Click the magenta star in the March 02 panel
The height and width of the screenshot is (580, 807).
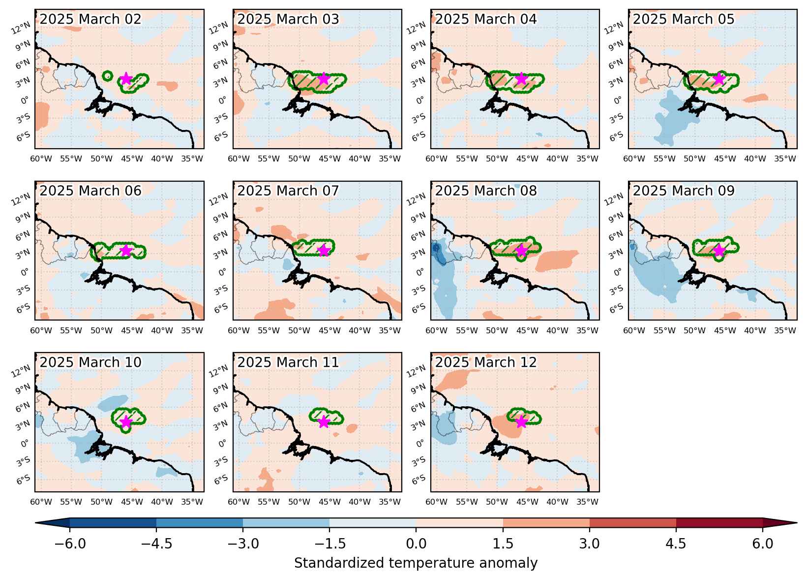(126, 78)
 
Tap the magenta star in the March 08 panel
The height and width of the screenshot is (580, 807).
(521, 250)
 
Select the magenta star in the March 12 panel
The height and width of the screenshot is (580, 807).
(521, 421)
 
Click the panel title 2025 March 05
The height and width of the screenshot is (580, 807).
(684, 19)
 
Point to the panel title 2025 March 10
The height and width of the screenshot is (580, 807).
(90, 362)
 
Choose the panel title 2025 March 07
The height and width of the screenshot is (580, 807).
(288, 191)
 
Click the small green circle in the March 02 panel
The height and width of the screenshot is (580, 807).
(107, 76)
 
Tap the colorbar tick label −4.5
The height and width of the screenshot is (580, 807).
(156, 543)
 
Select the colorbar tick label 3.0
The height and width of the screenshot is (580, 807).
(590, 543)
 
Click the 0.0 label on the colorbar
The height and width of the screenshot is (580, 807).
(416, 543)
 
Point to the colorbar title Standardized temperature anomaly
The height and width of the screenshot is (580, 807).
(416, 563)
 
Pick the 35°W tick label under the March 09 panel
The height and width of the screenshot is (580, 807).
(785, 330)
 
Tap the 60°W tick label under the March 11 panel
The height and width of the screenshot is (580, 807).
(239, 502)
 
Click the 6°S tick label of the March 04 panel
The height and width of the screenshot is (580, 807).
(418, 137)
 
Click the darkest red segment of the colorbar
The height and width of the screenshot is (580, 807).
(719, 523)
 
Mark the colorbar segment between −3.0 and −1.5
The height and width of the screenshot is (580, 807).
(286, 523)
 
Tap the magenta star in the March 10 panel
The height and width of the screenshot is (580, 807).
(126, 421)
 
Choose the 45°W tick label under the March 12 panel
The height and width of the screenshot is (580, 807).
(527, 502)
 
